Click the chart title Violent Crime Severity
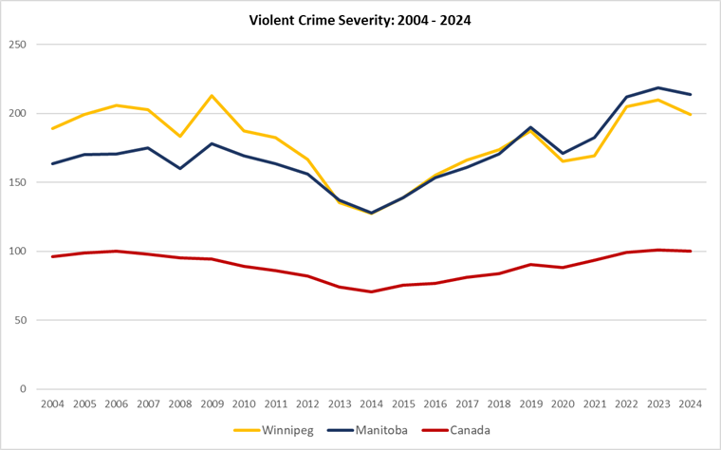click(360, 19)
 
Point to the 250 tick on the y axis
click(18, 45)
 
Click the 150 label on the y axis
click(18, 182)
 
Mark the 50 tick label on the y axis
click(21, 320)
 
